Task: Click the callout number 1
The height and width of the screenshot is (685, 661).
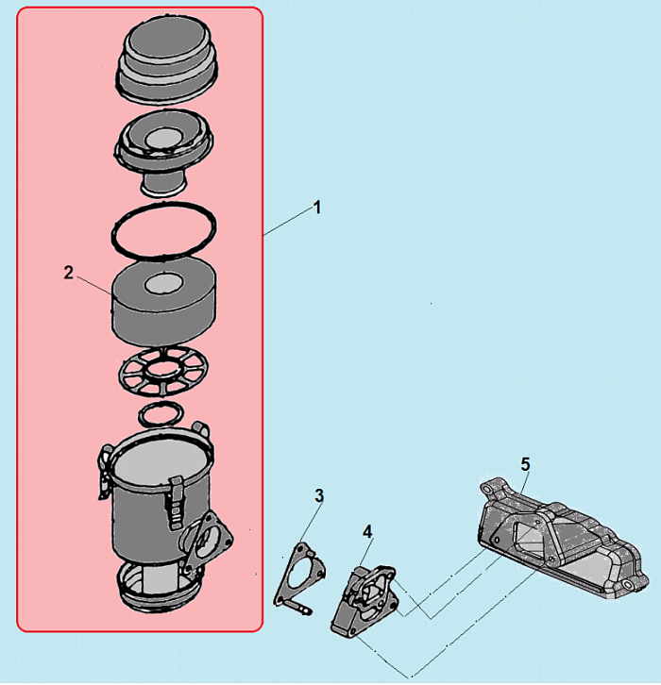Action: (317, 207)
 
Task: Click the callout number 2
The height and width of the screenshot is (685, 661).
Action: (68, 273)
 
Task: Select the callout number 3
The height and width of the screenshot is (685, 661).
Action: (319, 495)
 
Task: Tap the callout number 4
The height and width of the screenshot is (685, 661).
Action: (367, 532)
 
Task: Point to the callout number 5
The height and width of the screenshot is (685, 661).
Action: (525, 463)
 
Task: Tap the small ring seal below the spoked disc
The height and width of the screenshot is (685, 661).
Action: (161, 413)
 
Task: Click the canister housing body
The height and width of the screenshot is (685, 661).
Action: (142, 514)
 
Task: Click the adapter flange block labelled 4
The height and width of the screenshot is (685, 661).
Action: (363, 599)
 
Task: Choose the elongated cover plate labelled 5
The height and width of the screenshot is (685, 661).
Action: (557, 538)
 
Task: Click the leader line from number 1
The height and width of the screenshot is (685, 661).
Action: (288, 220)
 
